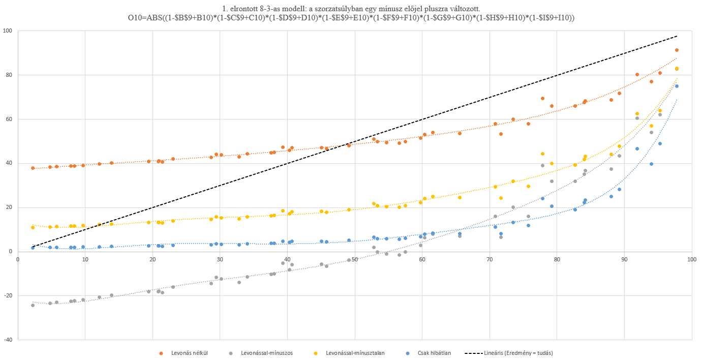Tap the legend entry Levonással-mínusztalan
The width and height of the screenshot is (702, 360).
pos(355,352)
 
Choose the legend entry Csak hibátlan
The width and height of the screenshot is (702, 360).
pos(434,352)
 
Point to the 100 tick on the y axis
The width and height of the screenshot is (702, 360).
pos(8,31)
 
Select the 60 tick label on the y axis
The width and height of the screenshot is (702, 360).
pos(9,119)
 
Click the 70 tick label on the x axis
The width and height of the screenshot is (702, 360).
pos(490,259)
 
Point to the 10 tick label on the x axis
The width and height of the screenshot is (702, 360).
pos(85,259)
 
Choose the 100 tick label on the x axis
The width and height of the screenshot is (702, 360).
pos(691,259)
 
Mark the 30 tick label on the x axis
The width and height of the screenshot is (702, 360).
pos(220,259)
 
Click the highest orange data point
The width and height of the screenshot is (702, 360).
pos(677,50)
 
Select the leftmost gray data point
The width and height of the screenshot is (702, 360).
pos(33,305)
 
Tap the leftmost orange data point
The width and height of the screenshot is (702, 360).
pos(33,168)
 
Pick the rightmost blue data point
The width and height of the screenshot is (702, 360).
pos(677,86)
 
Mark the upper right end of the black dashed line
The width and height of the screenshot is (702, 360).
pos(677,36)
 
